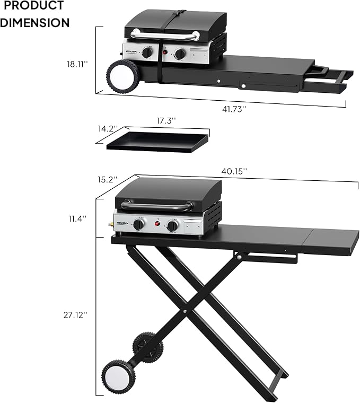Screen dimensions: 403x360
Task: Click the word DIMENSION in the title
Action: coord(35,23)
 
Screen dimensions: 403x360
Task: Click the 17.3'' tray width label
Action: coord(165,121)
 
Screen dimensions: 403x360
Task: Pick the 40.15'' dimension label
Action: coord(233,171)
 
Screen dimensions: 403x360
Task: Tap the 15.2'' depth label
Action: coord(107,179)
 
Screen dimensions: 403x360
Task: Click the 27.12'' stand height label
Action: coord(75,314)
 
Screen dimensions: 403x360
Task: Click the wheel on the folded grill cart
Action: coord(123,76)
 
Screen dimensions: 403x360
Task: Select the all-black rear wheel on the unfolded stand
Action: coord(147,347)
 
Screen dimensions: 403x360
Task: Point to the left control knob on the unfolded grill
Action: coord(138,224)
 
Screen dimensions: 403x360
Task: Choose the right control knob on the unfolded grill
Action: coord(173,226)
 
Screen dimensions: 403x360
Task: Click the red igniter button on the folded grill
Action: coord(165,53)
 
